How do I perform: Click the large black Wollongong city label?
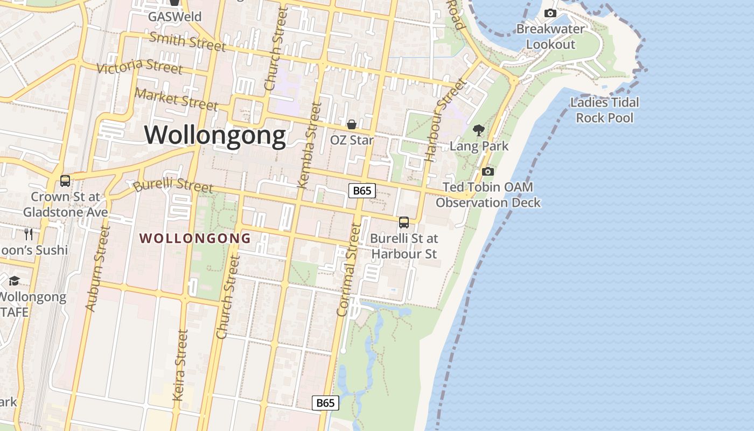(215, 135)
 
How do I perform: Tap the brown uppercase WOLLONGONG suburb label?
(196, 238)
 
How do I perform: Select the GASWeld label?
(174, 17)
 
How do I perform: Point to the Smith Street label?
(187, 41)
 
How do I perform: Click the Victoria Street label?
(139, 67)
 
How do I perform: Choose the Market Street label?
(176, 99)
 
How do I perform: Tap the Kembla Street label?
(309, 145)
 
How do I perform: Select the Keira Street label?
(180, 365)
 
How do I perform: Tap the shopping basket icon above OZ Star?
(352, 124)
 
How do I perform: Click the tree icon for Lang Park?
(478, 130)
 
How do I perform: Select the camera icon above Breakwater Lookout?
(550, 13)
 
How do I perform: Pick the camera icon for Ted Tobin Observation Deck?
(488, 171)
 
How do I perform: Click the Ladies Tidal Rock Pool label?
(604, 110)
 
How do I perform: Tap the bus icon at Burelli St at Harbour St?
(404, 222)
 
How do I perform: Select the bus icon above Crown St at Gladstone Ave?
(65, 181)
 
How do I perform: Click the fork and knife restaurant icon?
(29, 234)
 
